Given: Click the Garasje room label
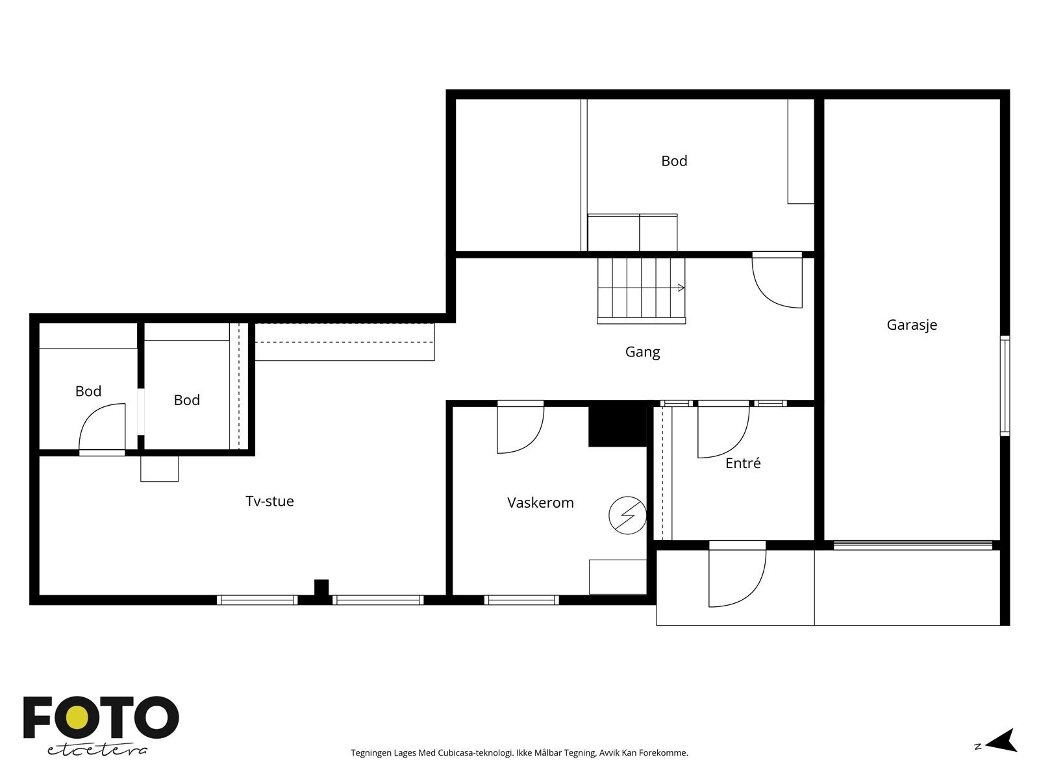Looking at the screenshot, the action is click(911, 325).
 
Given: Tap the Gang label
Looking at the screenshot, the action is click(642, 352).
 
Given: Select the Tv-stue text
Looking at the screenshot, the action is click(269, 501).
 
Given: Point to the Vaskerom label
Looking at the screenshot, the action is click(540, 502).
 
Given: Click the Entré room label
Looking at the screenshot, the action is click(743, 463).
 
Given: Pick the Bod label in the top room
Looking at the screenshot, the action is click(674, 161).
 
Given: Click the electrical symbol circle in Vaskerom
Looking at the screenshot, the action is click(627, 515).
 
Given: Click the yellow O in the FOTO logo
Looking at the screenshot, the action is click(77, 717).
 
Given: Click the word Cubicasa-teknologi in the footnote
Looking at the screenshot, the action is click(476, 753).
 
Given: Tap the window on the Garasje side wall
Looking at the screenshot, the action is click(1005, 386).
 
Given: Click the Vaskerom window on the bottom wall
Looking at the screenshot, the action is click(521, 600).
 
